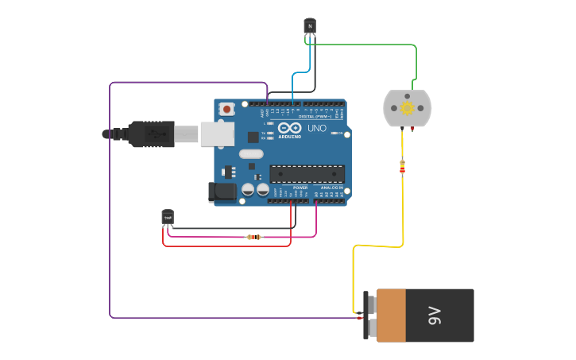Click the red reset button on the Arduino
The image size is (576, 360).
tap(227, 109)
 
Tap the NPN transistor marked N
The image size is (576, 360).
tap(310, 27)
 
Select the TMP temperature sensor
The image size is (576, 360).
tap(168, 217)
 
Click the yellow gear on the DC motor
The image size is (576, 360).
tap(408, 108)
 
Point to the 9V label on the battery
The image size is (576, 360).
tap(435, 315)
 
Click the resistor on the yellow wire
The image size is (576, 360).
tap(402, 167)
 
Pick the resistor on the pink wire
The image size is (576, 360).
tap(253, 237)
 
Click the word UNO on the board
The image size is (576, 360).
tap(316, 128)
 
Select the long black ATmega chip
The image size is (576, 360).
tap(307, 174)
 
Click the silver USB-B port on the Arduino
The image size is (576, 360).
tap(216, 134)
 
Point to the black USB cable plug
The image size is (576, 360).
tap(151, 134)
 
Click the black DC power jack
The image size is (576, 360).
tap(222, 192)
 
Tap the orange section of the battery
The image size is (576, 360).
tap(391, 315)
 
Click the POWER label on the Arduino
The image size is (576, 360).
tap(300, 188)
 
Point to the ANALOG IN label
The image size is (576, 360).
tap(332, 188)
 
